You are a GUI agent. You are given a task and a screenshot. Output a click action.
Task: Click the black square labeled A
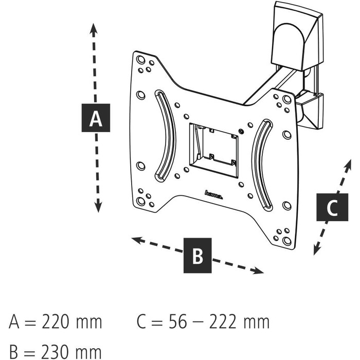click(x=96, y=118)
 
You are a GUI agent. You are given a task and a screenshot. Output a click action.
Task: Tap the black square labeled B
click(x=197, y=255)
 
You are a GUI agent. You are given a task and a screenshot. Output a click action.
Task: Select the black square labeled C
click(x=332, y=207)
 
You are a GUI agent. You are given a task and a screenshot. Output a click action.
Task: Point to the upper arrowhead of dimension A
click(x=93, y=29)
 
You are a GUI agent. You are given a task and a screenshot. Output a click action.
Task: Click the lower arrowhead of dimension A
click(x=98, y=206)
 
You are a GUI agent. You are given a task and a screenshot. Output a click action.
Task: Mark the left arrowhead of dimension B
click(x=138, y=241)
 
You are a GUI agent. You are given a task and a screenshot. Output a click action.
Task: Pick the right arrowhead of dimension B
click(x=257, y=271)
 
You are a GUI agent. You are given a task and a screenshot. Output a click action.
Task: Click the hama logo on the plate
click(x=213, y=195)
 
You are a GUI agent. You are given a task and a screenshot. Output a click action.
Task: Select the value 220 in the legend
click(x=55, y=322)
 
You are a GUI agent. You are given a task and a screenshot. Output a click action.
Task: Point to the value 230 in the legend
click(x=55, y=352)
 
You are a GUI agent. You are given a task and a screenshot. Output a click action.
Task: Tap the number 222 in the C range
click(x=223, y=322)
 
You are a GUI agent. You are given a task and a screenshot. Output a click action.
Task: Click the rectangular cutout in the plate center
click(x=213, y=150)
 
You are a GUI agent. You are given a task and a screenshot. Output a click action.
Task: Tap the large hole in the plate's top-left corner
click(x=140, y=60)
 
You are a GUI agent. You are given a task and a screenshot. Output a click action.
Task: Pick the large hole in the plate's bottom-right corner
click(x=287, y=241)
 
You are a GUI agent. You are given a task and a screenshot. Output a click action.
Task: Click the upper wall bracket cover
click(x=296, y=37)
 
